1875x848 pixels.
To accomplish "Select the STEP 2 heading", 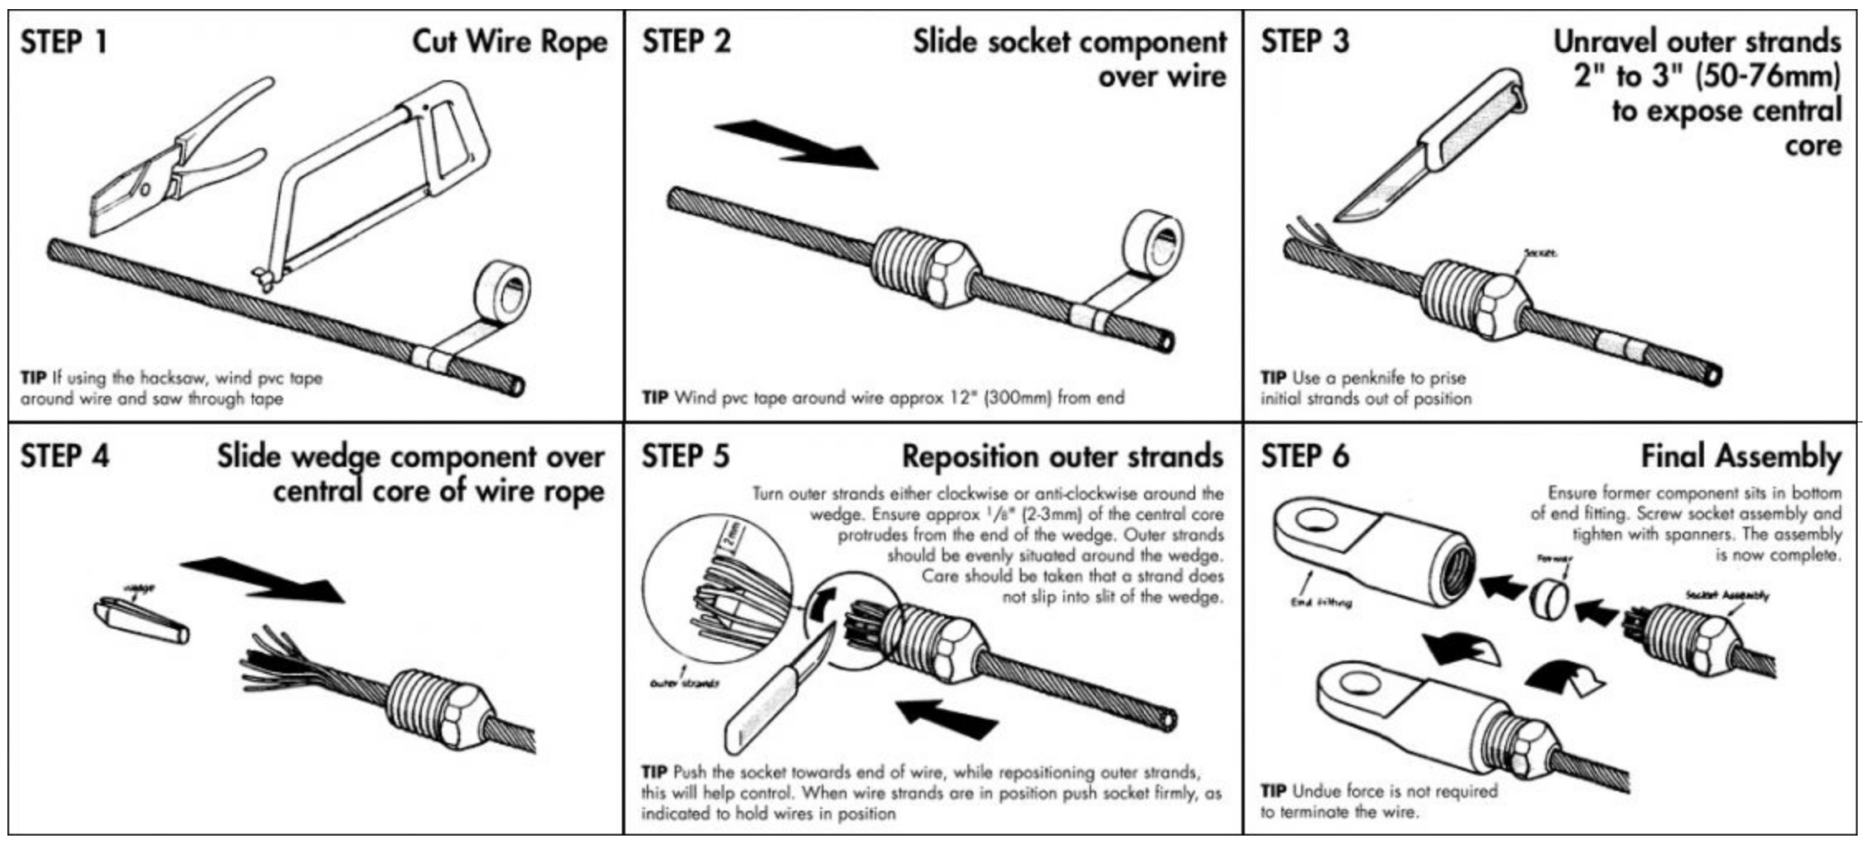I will point(686,41).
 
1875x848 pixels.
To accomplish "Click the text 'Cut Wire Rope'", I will point(510,42).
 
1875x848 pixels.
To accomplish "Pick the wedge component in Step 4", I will point(141,620).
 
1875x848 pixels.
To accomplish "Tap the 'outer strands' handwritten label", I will point(685,684).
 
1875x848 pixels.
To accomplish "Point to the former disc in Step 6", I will point(1550,598).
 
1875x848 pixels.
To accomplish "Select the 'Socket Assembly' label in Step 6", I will point(1726,594).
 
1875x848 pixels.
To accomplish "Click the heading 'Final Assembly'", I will point(1740,456).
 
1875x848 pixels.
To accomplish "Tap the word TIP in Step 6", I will point(1273,791).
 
